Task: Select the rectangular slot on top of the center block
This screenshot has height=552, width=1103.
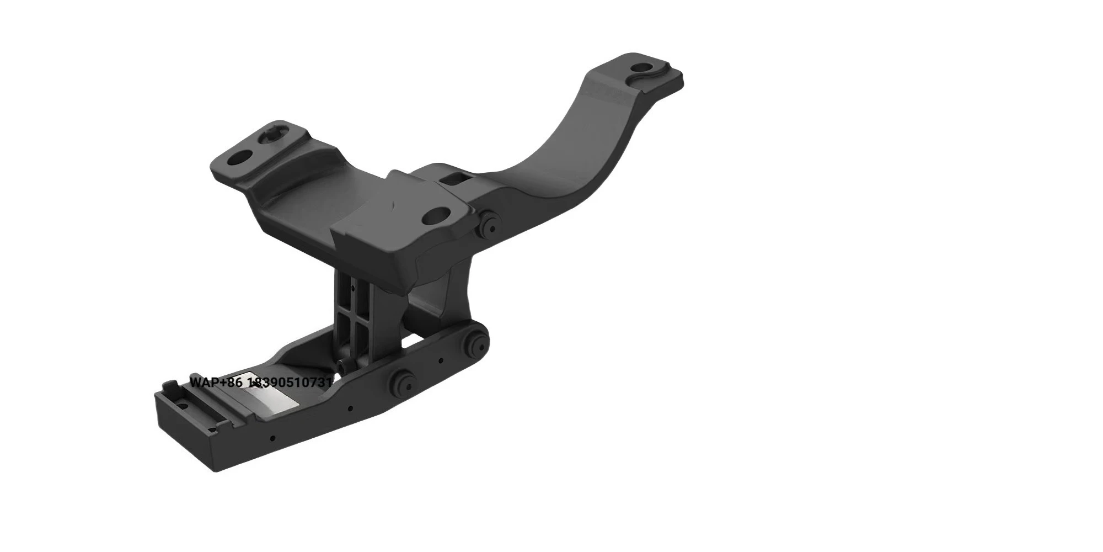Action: (x=454, y=178)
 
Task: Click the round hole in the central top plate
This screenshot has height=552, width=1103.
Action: (x=437, y=215)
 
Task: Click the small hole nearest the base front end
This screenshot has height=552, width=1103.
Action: (x=272, y=439)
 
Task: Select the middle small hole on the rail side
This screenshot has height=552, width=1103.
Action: (x=350, y=409)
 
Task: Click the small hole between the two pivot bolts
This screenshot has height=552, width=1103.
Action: (x=441, y=362)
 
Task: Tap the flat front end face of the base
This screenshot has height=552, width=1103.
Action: (x=185, y=436)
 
